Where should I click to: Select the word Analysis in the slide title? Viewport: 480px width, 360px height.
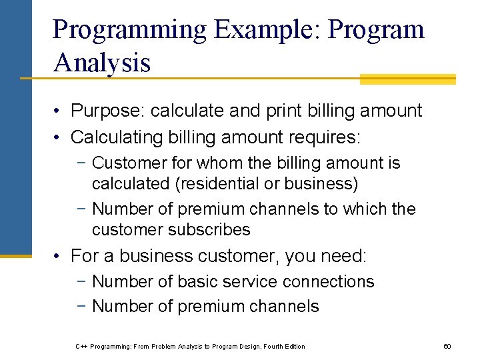click(x=102, y=63)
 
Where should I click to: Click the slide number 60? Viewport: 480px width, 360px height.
click(x=447, y=346)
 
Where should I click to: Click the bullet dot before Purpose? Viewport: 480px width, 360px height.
click(x=59, y=111)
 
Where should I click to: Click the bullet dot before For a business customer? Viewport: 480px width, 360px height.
click(x=59, y=257)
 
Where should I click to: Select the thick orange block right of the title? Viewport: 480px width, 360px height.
click(x=407, y=79)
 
